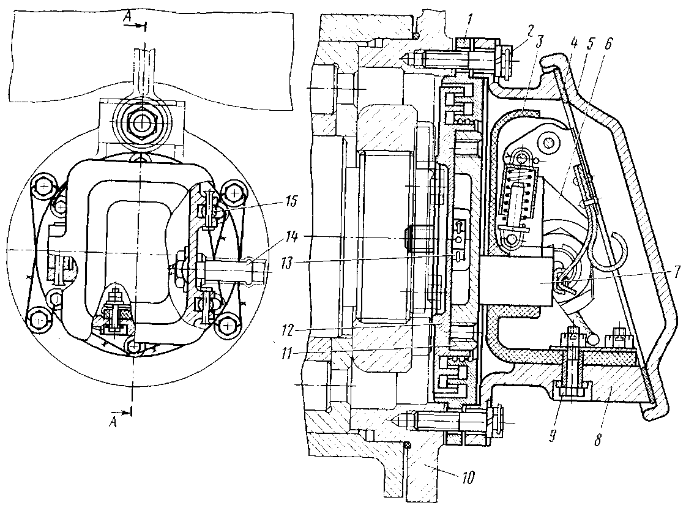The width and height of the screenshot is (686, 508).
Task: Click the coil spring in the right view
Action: (520, 197)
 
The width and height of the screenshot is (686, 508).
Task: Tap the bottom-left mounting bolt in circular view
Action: (39, 319)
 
